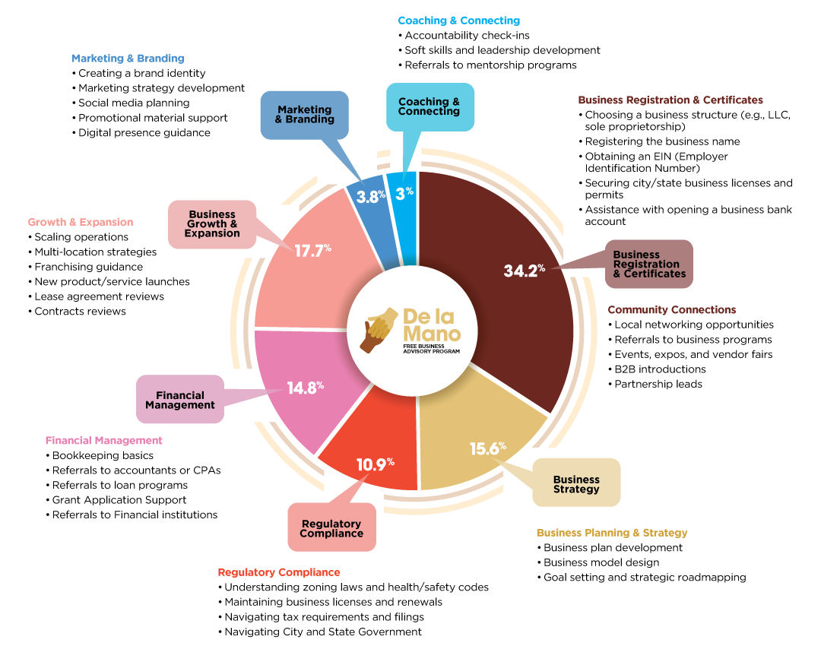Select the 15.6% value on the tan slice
487,448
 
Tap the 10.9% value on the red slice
376,463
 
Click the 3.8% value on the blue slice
371,195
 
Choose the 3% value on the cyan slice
404,193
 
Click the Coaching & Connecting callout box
430,106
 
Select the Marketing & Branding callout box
304,115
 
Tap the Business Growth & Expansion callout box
212,224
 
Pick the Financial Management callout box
180,400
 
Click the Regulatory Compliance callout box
331,527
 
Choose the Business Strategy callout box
576,483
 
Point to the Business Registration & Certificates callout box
649,264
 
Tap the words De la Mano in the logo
431,325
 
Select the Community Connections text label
671,310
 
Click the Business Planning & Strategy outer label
612,533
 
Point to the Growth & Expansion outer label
81,223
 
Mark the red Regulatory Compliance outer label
279,572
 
